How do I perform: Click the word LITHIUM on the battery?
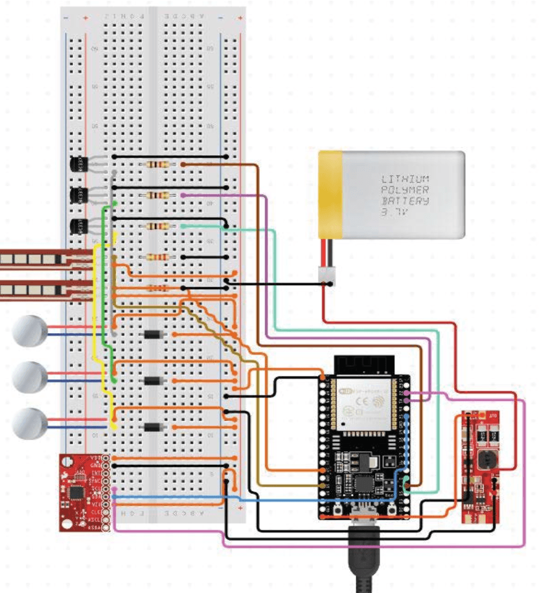pyautogui.click(x=405, y=179)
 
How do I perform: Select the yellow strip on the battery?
pyautogui.click(x=330, y=194)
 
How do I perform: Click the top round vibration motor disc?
pyautogui.click(x=30, y=331)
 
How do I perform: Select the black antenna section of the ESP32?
pyautogui.click(x=361, y=365)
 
